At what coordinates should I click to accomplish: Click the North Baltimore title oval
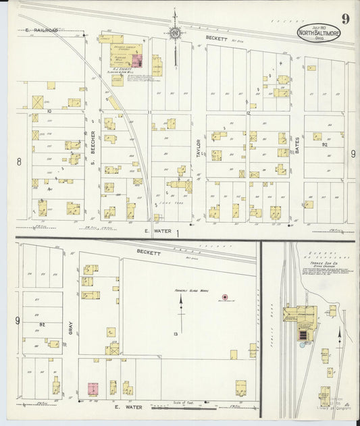pyautogui.click(x=318, y=33)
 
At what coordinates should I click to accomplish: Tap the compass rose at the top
pyautogui.click(x=175, y=32)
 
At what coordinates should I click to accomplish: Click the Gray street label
pyautogui.click(x=70, y=328)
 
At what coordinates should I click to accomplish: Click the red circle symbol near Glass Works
pyautogui.click(x=225, y=296)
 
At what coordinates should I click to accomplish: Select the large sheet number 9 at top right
pyautogui.click(x=345, y=18)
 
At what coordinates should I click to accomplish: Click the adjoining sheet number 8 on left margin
pyautogui.click(x=19, y=161)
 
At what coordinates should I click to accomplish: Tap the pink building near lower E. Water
pyautogui.click(x=93, y=389)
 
